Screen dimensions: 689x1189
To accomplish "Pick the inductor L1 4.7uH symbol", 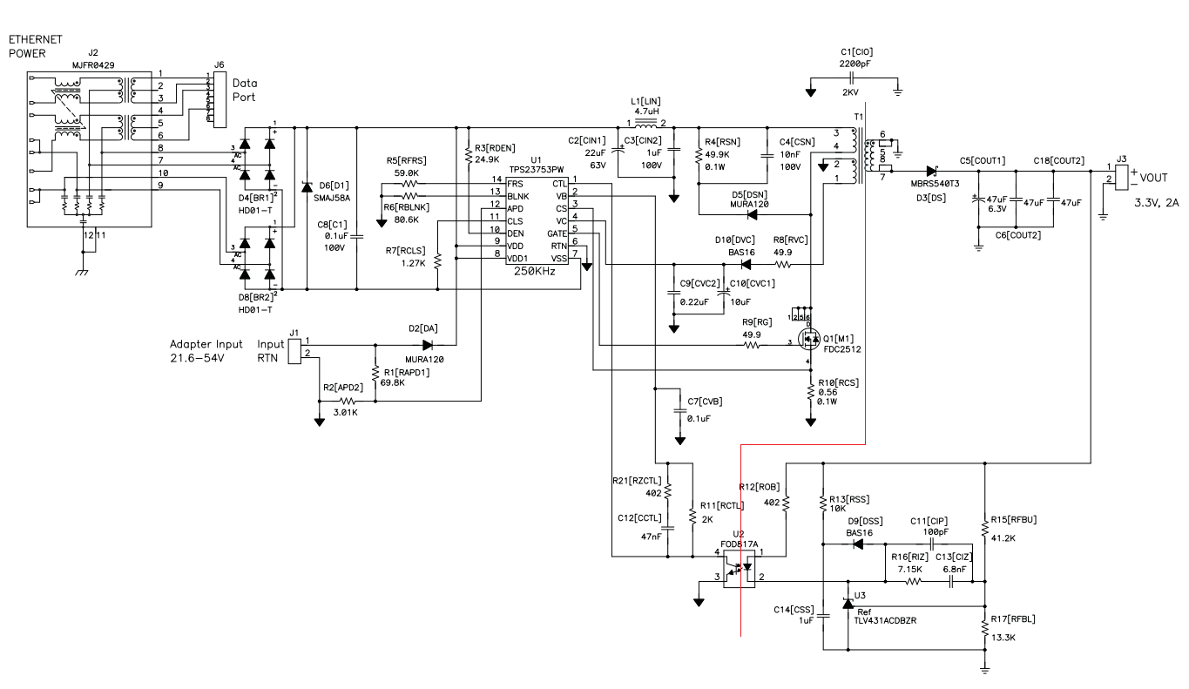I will (x=645, y=123).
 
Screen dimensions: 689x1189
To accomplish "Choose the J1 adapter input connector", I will (x=295, y=348).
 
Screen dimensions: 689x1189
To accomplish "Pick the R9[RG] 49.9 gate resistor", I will (x=750, y=346).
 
